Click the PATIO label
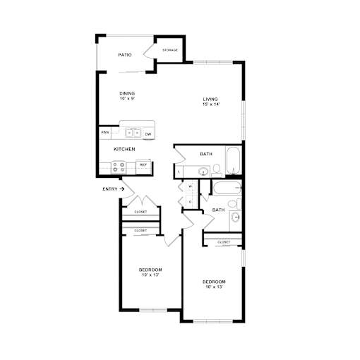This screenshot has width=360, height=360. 125,55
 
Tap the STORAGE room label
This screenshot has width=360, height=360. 170,50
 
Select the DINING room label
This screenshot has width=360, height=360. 127,93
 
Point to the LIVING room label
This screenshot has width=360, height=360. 210,100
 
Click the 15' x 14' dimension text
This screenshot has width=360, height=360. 211,104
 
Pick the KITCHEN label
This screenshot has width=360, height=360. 124,149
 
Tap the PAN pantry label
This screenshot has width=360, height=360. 105,133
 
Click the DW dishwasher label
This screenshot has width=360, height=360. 148,134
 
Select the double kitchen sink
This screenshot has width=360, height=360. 133,133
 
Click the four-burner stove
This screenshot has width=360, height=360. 119,167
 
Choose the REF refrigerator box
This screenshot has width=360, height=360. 143,167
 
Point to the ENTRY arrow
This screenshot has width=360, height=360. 121,188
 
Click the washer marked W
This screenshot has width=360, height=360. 191,187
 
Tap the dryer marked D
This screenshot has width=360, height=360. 190,202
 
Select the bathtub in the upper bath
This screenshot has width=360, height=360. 233,160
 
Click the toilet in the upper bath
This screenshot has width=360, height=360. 217,171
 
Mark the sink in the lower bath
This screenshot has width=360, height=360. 235,217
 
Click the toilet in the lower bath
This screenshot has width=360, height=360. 234,204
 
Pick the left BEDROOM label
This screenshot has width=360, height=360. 150,270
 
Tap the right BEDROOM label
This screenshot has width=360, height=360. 214,282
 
